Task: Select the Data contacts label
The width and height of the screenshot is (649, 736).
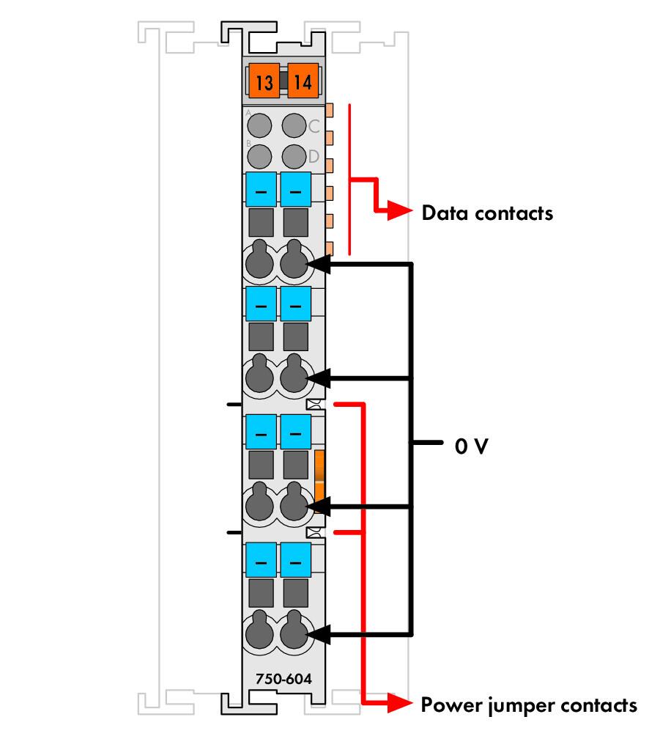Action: click(x=487, y=213)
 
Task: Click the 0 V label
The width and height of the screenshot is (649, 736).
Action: click(x=471, y=446)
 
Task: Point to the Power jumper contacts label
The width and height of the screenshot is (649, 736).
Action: click(x=529, y=706)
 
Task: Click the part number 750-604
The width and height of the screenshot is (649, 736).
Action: click(x=283, y=679)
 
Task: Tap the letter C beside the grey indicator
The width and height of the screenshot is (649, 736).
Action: click(x=314, y=126)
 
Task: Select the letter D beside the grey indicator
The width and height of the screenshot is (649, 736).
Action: click(x=314, y=156)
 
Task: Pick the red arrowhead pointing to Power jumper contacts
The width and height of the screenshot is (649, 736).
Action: click(x=399, y=704)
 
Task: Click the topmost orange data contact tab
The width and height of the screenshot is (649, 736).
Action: click(x=329, y=110)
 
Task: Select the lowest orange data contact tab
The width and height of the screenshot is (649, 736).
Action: click(x=329, y=249)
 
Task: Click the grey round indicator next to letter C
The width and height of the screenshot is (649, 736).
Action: click(x=294, y=125)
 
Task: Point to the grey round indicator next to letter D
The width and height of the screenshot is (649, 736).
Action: click(x=294, y=156)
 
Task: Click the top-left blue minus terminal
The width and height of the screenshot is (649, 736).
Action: click(x=262, y=190)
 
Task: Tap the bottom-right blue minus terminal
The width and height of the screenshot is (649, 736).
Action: click(x=296, y=560)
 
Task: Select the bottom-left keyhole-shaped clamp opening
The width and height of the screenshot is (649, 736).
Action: click(x=259, y=630)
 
